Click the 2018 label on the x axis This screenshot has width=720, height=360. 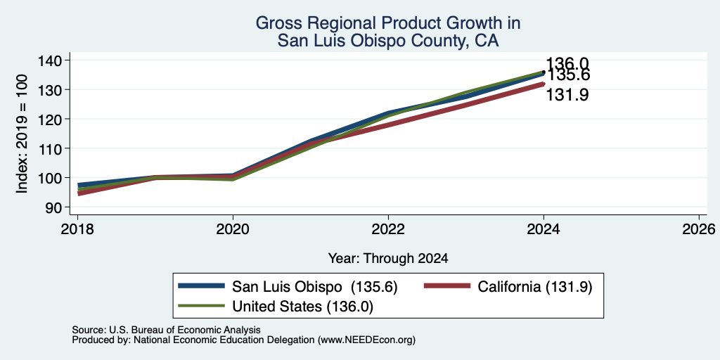pos(77,229)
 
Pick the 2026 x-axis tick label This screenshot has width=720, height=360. pos(699,229)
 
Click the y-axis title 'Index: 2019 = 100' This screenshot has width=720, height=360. pos(22,134)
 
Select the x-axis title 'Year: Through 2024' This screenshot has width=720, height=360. pos(388,259)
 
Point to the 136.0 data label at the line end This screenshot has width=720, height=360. pos(567,64)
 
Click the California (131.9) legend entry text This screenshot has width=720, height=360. pos(535,287)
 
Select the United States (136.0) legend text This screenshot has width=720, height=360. pos(302,307)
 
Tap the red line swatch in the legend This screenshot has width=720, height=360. pos(447,286)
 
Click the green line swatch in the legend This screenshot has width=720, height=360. pos(202,306)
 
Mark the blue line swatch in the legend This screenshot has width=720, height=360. pos(202,286)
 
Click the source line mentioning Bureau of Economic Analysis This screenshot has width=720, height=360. pos(166,330)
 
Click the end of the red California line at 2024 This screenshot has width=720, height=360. pos(544,84)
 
